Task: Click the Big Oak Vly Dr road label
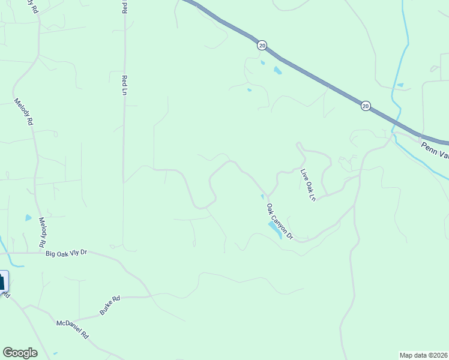coord(67,253)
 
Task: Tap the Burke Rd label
coord(106,308)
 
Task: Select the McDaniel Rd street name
coord(72,329)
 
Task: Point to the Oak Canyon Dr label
coord(279,221)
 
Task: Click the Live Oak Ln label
coord(308,185)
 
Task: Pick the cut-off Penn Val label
coord(434,149)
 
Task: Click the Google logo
coord(20,353)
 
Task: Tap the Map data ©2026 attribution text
coord(424,355)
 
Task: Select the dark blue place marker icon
coord(3,282)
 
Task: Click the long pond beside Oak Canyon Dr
coord(275,229)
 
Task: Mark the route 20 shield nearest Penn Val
coord(366,106)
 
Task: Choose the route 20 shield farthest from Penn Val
coord(262,45)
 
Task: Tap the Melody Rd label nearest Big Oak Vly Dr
coord(42,233)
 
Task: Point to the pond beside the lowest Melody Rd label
coord(28,218)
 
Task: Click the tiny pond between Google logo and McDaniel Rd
coord(55,353)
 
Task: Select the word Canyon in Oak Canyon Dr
coord(280,221)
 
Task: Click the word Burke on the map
coord(103,310)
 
